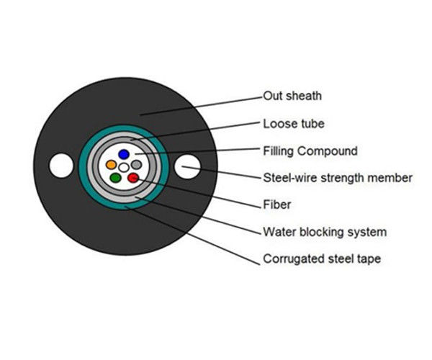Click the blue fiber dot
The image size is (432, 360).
[124, 154]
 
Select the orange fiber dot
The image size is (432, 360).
[111, 165]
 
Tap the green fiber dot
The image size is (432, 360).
[115, 178]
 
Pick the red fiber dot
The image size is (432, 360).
[133, 178]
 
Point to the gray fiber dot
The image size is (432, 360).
[136, 165]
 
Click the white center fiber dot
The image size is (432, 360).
[124, 167]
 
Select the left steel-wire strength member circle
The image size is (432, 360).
[61, 166]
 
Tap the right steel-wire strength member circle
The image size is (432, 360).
[187, 166]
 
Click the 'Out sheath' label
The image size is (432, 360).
[292, 96]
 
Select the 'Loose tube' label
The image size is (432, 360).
[294, 124]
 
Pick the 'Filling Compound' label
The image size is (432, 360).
[310, 151]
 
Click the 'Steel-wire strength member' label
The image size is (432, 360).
[338, 178]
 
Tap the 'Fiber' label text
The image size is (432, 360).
[277, 204]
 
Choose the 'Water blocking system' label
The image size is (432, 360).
[325, 232]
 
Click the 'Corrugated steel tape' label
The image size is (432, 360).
[322, 259]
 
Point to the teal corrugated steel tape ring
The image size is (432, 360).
[83, 166]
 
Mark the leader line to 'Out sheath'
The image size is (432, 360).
[201, 106]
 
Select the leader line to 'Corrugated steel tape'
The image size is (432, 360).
[192, 235]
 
